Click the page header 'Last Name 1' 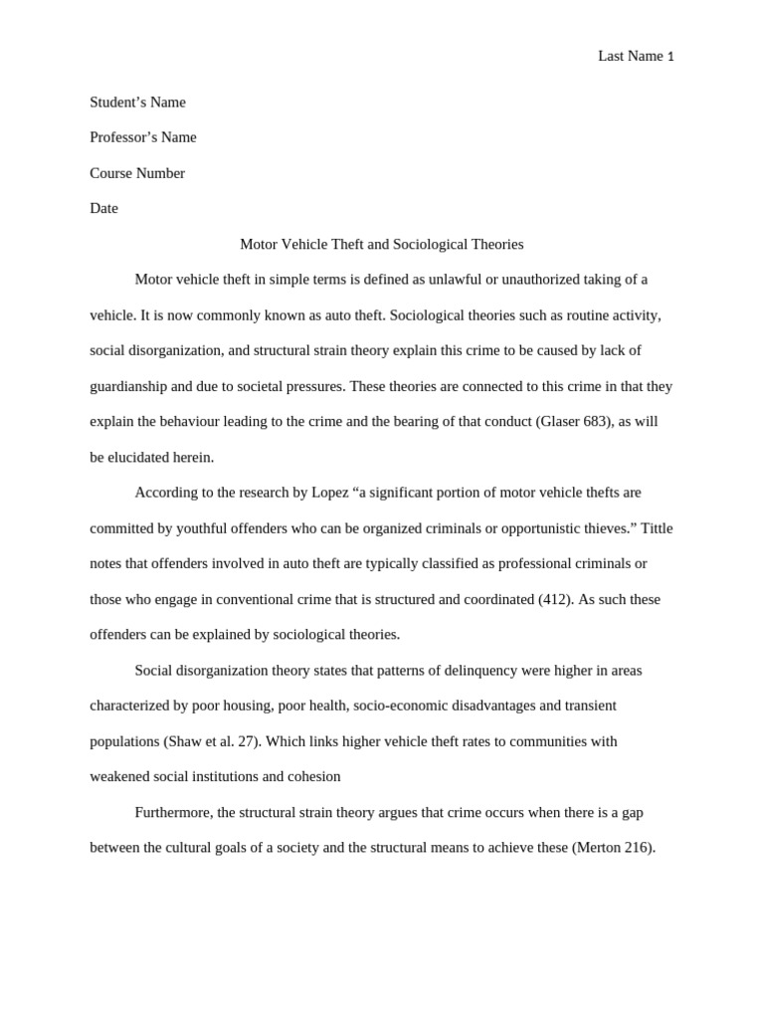(x=636, y=56)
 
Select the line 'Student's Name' (x=137, y=102)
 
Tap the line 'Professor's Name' (x=143, y=137)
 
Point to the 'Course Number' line (x=137, y=173)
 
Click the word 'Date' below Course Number (x=103, y=208)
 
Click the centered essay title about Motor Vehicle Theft (x=382, y=244)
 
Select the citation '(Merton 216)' (x=613, y=848)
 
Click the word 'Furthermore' (x=173, y=812)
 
